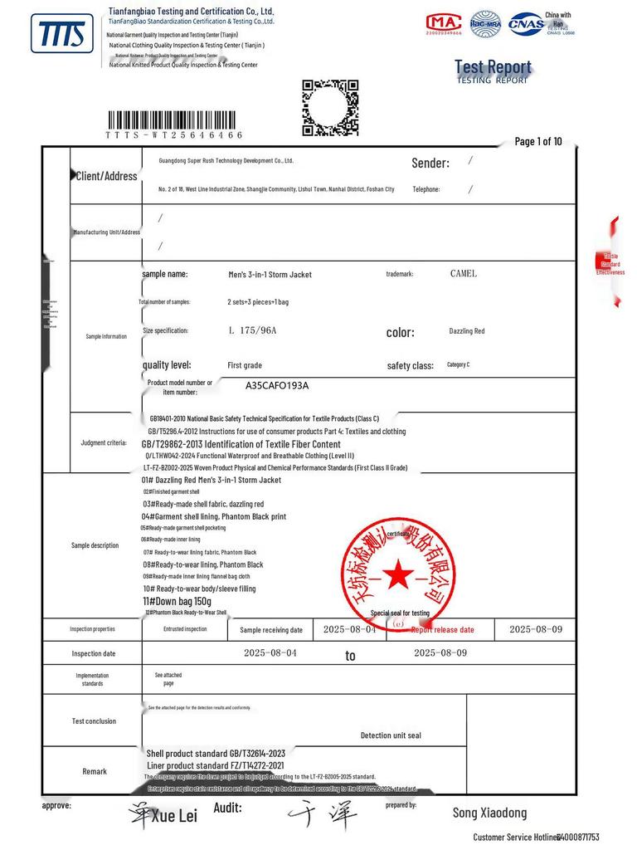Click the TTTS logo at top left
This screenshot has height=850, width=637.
click(61, 34)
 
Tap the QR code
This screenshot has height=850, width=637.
click(329, 107)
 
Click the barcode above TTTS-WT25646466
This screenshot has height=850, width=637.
click(175, 120)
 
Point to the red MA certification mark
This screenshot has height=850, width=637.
click(444, 23)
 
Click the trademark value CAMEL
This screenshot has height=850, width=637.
click(464, 274)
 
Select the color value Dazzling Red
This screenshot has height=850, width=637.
click(467, 331)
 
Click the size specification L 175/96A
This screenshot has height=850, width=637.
click(252, 330)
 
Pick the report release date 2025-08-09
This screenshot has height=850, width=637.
click(536, 629)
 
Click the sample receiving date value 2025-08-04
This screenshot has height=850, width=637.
click(349, 630)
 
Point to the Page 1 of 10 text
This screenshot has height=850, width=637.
click(538, 141)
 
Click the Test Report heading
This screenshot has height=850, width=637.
click(493, 67)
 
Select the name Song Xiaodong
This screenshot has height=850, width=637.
click(489, 813)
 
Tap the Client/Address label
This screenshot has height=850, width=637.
click(106, 176)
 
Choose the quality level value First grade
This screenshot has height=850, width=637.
click(245, 365)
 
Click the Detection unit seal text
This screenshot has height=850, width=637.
click(391, 735)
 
